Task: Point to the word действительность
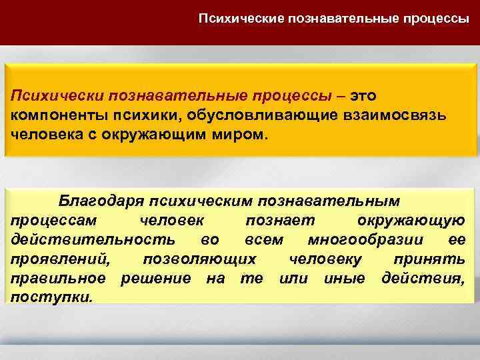point(93,239)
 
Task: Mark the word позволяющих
point(200,258)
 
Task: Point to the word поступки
point(51,296)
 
